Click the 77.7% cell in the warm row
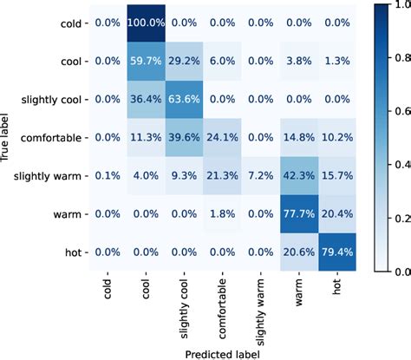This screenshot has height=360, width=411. click(x=309, y=214)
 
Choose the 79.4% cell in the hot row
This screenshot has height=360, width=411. click(x=347, y=252)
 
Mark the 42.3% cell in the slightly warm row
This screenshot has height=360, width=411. click(x=309, y=176)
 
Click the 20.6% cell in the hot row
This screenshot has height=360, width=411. click(x=309, y=252)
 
